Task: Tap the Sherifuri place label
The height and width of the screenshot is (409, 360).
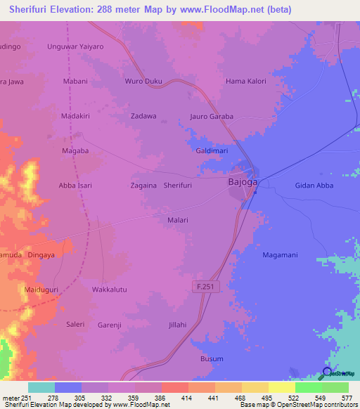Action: click(178, 185)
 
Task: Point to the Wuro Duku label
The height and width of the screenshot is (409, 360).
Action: click(143, 82)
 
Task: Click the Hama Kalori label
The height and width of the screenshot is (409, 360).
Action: click(245, 82)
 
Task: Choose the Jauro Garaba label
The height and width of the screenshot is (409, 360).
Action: click(212, 117)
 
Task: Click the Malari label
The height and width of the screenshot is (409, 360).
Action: click(178, 220)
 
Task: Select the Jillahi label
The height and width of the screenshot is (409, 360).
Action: click(178, 324)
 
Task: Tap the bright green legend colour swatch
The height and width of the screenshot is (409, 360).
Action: click(308, 387)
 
